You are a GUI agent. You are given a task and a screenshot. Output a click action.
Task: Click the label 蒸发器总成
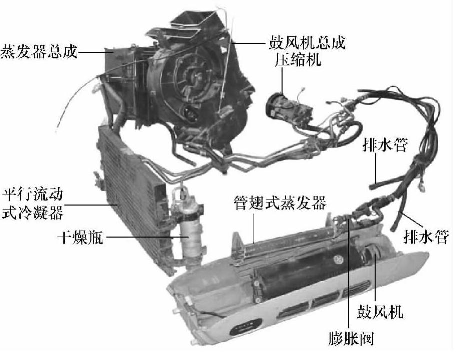pos(39,52)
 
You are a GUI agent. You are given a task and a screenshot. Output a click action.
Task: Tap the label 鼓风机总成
pos(307,43)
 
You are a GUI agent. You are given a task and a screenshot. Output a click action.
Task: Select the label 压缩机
pos(298,59)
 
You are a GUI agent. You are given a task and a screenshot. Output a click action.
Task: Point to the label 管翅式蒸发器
pos(280,203)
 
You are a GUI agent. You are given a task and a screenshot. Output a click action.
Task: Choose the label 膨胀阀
pos(351,339)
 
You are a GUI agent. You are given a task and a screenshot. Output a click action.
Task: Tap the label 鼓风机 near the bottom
pos(380,312)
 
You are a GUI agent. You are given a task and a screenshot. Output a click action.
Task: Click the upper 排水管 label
pos(385,144)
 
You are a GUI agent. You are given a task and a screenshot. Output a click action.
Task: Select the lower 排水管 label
pos(426,236)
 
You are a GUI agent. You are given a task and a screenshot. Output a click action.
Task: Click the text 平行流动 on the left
pos(33,195)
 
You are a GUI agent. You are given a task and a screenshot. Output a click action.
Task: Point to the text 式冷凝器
pos(33,213)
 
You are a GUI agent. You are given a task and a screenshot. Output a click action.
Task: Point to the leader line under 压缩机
pos(282,81)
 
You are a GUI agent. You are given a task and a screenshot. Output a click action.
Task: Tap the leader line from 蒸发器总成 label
pos(95,52)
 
